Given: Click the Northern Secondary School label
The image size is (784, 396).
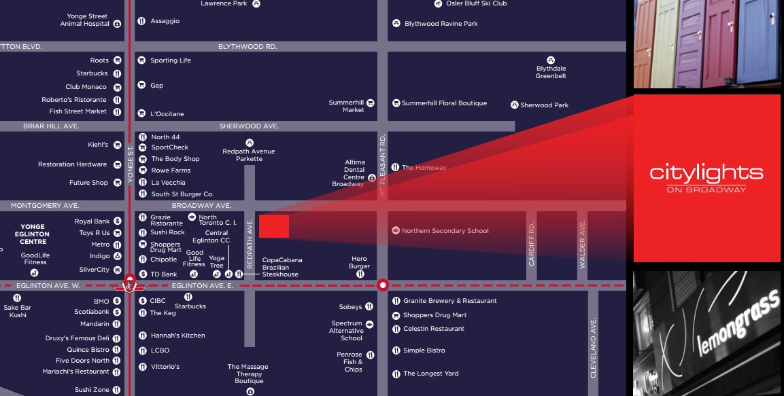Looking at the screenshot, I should [445, 231].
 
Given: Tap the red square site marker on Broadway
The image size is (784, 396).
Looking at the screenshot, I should [274, 226].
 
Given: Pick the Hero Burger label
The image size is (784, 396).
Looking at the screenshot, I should [359, 262].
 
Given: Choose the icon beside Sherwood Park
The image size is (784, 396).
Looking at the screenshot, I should [515, 105].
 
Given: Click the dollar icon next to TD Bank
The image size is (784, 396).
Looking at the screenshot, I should [143, 274].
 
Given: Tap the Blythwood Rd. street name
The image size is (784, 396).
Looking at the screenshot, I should [248, 47].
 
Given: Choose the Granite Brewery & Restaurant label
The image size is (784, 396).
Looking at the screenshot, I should [449, 301].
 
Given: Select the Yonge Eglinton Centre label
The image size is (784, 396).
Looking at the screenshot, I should [33, 234].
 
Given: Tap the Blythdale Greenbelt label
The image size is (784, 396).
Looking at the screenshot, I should [551, 72].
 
